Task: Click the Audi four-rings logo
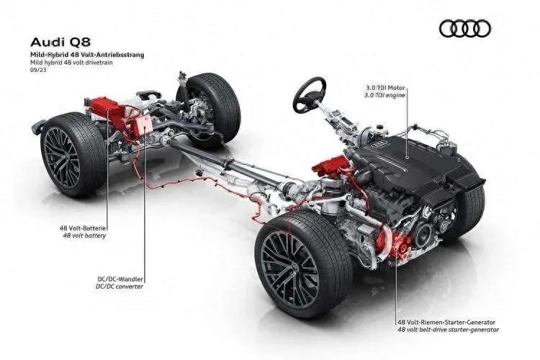[465, 29]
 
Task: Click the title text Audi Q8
[60, 42]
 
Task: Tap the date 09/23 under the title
[38, 70]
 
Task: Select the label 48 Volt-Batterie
[84, 228]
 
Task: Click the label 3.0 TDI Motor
[385, 88]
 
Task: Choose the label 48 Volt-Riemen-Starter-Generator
[446, 323]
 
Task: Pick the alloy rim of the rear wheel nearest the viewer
[61, 158]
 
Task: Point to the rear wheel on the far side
[207, 109]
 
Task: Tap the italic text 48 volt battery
[84, 235]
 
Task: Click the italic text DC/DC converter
[119, 287]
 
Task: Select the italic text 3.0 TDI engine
[384, 95]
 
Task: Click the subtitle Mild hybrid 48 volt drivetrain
[71, 63]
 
